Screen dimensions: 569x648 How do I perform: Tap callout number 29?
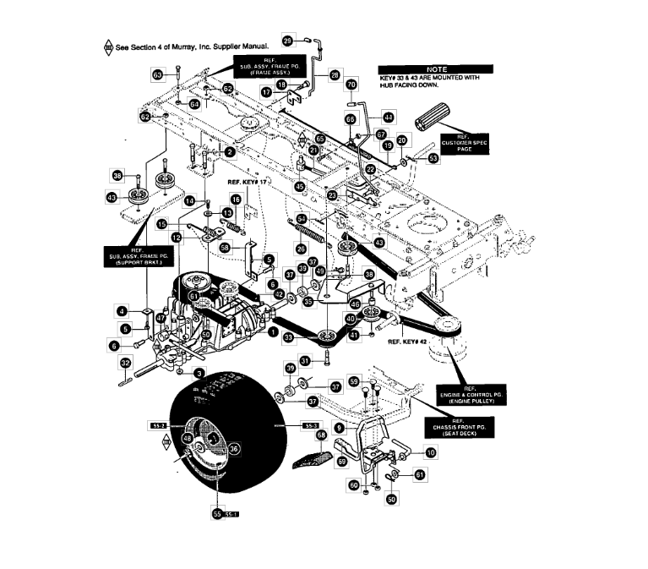(286, 40)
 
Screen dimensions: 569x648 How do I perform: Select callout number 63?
(157, 74)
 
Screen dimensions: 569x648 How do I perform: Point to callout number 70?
(351, 85)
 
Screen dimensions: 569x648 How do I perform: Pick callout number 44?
(388, 117)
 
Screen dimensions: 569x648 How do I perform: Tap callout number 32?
(124, 363)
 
